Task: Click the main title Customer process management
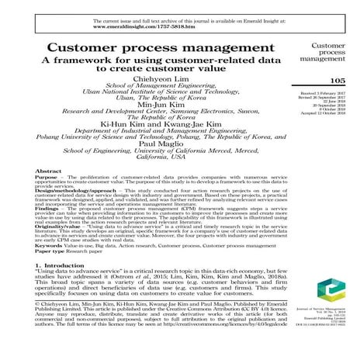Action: [151, 50]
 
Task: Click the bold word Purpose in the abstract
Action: [48, 178]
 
